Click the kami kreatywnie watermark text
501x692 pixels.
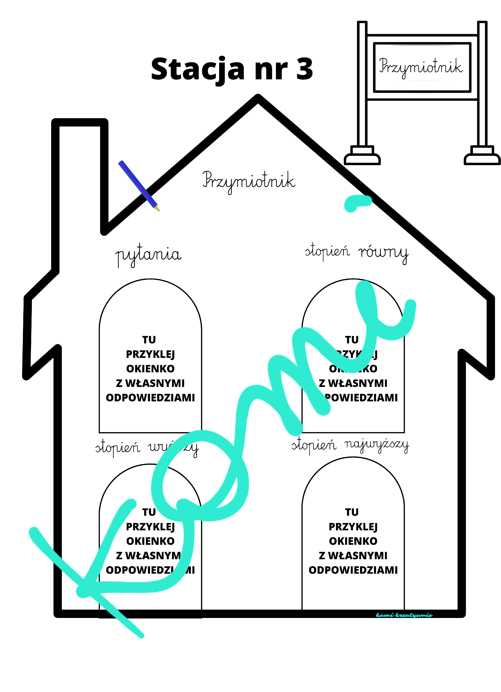pos(404,615)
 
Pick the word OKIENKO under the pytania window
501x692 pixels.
pos(150,369)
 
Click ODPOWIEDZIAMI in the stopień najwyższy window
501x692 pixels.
pos(353,570)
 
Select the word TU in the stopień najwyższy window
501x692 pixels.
pos(352,512)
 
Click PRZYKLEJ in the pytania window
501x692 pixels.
pos(150,354)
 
